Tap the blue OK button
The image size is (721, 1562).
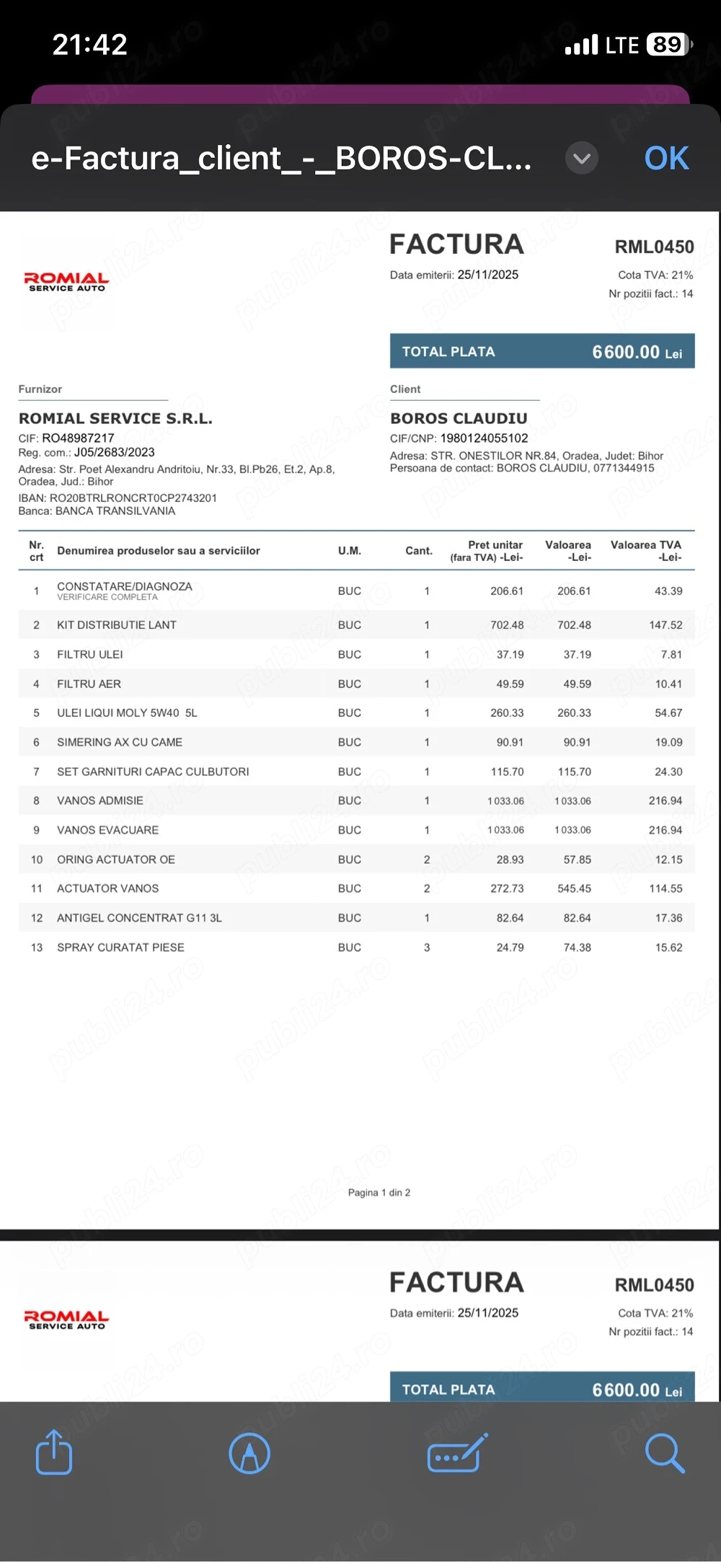666,159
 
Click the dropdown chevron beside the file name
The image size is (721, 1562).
582,158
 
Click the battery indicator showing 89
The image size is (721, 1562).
668,45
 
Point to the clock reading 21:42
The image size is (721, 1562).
90,45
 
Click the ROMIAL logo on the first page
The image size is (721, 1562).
66,282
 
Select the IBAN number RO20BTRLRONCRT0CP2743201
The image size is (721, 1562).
133,498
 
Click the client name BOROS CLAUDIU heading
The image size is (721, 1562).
459,418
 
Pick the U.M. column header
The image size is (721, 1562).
350,551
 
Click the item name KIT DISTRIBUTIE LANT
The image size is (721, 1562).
117,625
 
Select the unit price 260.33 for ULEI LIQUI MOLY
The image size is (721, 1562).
507,713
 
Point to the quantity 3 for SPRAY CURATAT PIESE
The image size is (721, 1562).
427,948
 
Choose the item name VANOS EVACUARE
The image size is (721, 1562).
108,830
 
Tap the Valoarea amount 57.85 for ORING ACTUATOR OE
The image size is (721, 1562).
574,860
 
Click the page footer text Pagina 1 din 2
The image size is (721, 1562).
379,1193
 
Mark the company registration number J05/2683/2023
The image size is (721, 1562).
115,452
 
